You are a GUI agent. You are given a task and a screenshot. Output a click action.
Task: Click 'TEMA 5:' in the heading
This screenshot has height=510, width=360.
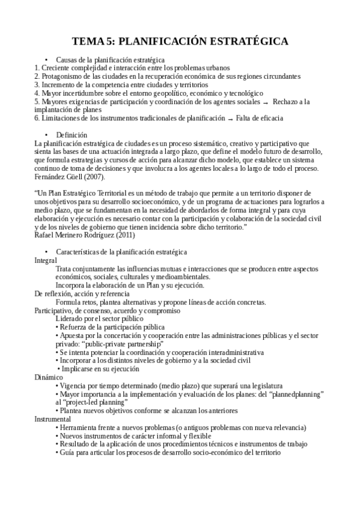coord(91,41)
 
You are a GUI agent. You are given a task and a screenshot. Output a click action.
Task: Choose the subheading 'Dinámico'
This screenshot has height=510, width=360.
coord(49,377)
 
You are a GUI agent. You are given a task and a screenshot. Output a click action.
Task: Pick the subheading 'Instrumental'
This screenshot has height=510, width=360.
coord(52,419)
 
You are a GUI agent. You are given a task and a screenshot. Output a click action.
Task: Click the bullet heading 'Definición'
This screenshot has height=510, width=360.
coord(71,135)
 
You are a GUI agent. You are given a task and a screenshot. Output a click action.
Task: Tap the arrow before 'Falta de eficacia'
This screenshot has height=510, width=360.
coord(230,118)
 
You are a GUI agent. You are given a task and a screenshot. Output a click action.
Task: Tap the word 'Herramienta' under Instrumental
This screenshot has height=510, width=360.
coord(78,427)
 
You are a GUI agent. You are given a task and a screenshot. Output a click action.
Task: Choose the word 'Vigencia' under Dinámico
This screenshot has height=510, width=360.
coord(74,386)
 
